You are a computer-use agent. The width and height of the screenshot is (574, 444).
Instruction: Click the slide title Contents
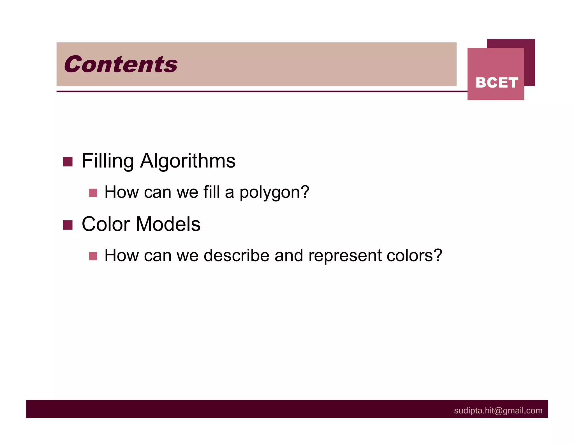121,64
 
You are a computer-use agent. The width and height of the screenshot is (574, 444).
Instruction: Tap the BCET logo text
497,83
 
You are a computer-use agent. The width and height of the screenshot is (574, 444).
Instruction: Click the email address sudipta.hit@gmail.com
498,411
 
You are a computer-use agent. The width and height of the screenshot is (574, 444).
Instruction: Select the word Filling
108,161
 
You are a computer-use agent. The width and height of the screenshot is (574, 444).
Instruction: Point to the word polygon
274,193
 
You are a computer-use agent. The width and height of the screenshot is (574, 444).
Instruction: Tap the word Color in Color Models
106,224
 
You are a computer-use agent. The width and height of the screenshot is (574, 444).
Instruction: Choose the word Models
168,224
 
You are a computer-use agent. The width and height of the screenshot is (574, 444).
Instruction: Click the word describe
236,255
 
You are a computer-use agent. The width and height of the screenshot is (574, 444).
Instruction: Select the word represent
345,256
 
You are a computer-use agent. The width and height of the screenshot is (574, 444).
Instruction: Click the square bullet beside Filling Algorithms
68,162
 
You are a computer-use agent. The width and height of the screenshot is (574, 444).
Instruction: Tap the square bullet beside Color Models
68,225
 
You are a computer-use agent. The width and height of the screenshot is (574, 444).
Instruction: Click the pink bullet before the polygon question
93,193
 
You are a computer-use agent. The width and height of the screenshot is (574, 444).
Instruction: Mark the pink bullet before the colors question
93,256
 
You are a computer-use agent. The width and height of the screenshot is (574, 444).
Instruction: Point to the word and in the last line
289,255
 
